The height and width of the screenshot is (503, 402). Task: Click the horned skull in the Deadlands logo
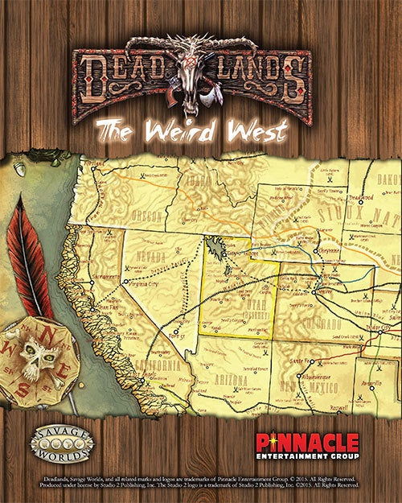coord(191,76)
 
